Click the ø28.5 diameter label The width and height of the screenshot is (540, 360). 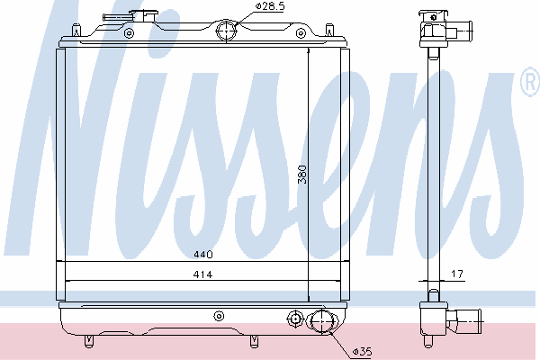point(270,6)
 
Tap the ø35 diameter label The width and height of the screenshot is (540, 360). point(362,352)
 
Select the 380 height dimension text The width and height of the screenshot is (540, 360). point(302,175)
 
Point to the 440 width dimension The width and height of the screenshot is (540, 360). point(203,255)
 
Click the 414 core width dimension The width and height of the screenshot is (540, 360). point(202,274)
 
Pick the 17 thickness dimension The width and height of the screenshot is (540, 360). point(457,274)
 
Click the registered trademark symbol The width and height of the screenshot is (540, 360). point(531,82)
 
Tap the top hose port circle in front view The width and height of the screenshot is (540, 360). point(226,31)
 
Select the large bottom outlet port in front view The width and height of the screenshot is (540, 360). point(321,322)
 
